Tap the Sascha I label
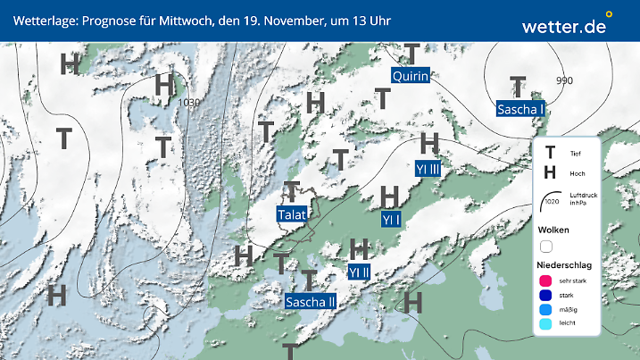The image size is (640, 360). pyautogui.click(x=521, y=109)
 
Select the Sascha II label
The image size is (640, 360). pyautogui.click(x=311, y=301)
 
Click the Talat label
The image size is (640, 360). pyautogui.click(x=292, y=214)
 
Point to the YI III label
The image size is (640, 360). pyautogui.click(x=428, y=168)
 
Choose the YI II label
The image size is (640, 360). pyautogui.click(x=359, y=272)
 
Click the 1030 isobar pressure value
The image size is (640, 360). pyautogui.click(x=189, y=103)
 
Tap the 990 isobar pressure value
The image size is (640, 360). pyautogui.click(x=564, y=80)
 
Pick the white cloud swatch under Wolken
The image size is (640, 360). pyautogui.click(x=546, y=246)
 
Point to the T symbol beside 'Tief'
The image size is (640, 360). pyautogui.click(x=551, y=153)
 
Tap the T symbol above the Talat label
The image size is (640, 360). pyautogui.click(x=292, y=190)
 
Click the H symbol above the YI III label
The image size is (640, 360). pyautogui.click(x=429, y=143)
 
